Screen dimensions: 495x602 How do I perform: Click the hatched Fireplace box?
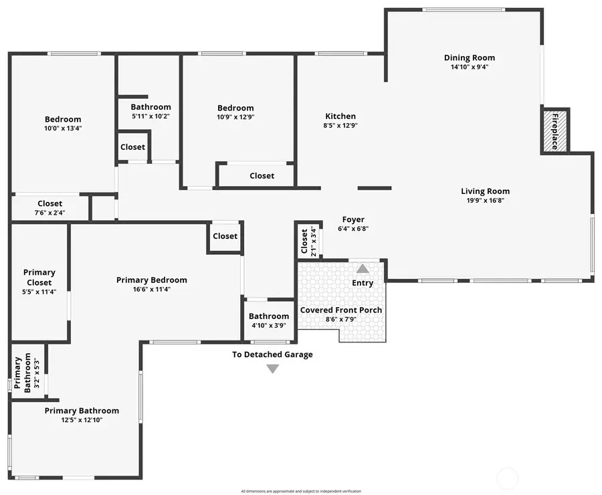tap(555, 131)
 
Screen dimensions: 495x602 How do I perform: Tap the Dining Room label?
tap(470, 58)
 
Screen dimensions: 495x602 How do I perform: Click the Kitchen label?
tap(340, 116)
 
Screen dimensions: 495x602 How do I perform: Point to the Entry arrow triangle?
tap(362, 269)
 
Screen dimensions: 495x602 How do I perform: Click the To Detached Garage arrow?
tap(272, 369)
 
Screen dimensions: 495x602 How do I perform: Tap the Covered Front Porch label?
tap(341, 310)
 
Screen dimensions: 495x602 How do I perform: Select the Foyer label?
tap(353, 219)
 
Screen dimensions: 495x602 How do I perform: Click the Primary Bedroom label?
tap(152, 280)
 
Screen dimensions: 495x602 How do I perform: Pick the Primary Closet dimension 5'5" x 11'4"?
tap(39, 292)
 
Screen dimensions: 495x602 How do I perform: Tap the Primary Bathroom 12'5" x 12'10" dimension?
tap(82, 420)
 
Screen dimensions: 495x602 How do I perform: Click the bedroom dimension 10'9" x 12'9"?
tap(235, 116)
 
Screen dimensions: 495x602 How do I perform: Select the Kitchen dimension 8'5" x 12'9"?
tap(340, 125)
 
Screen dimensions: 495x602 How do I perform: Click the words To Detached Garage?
tap(272, 355)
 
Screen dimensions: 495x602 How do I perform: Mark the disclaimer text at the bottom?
tap(301, 491)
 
